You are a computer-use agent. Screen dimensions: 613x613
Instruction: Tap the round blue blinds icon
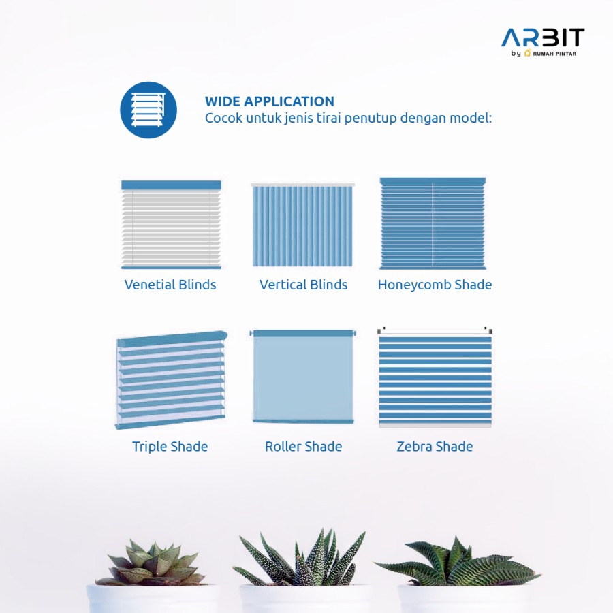148,110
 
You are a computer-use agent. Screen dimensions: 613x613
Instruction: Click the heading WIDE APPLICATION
270,101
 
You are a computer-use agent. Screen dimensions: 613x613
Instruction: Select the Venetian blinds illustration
171,225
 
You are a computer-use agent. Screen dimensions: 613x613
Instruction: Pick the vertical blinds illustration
303,225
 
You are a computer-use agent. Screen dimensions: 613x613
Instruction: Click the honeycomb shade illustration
433,223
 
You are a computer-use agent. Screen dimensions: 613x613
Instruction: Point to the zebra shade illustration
435,377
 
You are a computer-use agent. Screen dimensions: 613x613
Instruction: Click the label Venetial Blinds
170,285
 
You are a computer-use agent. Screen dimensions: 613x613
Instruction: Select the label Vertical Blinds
303,285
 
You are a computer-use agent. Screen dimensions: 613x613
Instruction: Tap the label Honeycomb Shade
435,285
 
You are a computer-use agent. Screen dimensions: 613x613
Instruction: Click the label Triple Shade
170,447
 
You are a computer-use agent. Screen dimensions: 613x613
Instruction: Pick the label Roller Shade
303,447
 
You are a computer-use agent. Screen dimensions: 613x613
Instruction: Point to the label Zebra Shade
435,447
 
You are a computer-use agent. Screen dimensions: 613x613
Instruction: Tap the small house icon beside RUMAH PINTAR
527,53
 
